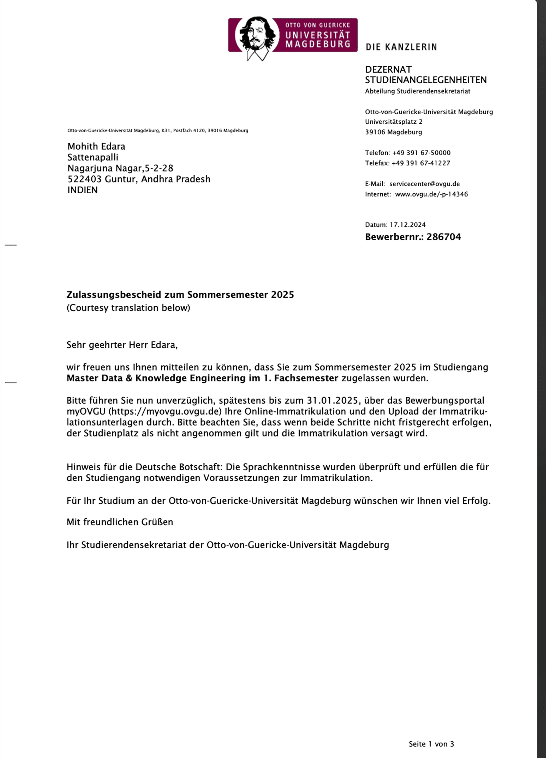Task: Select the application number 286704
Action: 444,237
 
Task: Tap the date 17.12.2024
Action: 407,225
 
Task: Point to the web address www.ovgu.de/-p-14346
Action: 431,194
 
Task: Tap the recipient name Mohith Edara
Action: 96,146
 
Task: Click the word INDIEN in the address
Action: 82,190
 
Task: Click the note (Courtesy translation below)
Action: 128,308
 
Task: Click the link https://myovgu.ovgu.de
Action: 165,411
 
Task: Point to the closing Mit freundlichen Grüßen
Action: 120,522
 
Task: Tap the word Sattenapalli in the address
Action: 93,157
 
